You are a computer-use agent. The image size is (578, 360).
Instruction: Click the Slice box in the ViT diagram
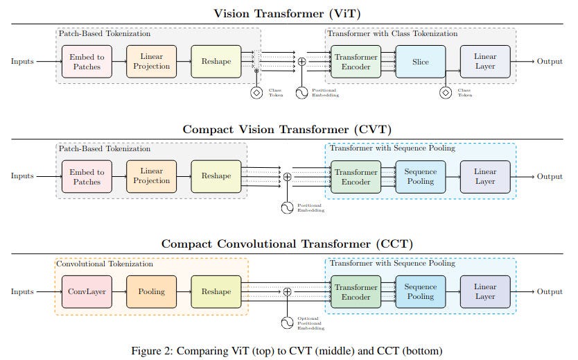420,62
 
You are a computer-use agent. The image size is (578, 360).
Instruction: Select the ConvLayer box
87,292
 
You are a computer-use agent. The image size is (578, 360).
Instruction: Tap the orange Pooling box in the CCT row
151,292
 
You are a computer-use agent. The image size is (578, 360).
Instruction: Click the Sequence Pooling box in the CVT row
420,177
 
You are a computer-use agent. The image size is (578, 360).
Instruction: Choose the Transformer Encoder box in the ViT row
356,62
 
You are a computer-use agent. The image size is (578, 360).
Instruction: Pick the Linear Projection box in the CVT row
151,177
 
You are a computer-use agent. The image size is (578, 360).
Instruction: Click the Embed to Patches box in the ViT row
87,62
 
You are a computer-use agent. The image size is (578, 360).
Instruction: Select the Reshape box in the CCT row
216,292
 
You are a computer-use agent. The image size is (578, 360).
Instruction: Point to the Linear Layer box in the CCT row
484,292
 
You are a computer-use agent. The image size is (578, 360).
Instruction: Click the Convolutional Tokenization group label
105,264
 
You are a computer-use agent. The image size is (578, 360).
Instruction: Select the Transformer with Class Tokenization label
393,33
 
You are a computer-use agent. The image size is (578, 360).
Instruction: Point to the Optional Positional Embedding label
310,323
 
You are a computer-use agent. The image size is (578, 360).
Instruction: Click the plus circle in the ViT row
301,62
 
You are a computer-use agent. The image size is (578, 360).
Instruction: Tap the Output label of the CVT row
550,177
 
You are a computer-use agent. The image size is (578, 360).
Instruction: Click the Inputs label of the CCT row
22,292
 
